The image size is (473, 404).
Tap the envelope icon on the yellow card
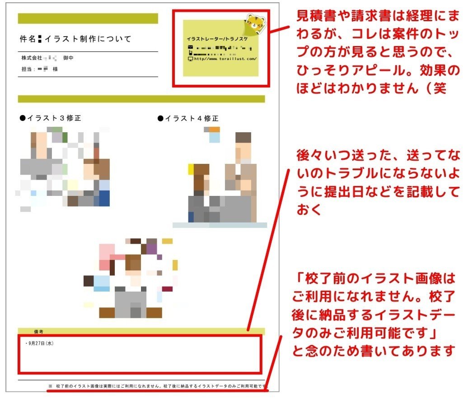click(190, 47)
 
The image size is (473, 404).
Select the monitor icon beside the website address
click(190, 59)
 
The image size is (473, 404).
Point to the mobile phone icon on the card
click(190, 53)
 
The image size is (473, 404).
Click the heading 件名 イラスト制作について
click(76, 39)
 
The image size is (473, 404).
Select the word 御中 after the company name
click(69, 58)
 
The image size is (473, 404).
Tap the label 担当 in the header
click(27, 69)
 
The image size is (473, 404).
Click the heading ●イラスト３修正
click(51, 118)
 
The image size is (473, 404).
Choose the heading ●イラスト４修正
click(188, 118)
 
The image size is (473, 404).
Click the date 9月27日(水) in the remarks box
click(41, 344)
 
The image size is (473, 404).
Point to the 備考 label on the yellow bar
click(38, 331)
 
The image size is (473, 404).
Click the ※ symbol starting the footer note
click(51, 386)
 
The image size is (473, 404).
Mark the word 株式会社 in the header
click(32, 58)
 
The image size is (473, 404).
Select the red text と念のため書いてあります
click(373, 351)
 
